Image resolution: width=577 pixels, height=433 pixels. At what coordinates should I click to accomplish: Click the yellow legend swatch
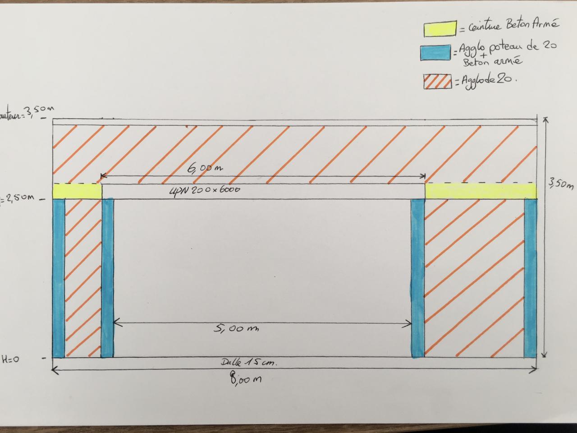coord(440,28)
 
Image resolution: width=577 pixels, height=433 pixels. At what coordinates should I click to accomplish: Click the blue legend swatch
coord(435,52)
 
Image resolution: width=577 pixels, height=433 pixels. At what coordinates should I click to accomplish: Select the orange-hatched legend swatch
coord(437,81)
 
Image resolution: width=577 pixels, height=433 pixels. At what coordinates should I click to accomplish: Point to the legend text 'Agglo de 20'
coord(487,81)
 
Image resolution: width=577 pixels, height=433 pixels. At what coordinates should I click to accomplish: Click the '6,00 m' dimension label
coord(205,169)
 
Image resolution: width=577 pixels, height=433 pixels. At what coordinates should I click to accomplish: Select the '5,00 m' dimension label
coord(236,328)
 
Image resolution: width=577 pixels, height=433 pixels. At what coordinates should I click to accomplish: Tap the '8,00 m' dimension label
coord(246,380)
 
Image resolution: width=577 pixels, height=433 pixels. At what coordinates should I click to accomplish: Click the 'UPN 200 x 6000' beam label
coord(205,190)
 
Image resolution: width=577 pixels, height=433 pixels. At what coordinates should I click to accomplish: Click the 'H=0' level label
coord(10,360)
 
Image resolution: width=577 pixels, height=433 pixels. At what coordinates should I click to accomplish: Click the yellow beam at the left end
coord(77,191)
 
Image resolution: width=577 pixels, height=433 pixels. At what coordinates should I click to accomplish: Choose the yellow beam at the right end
coord(481,191)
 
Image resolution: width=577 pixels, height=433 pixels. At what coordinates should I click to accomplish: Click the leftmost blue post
coord(59,278)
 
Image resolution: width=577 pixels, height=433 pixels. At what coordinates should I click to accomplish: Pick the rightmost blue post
coord(530,278)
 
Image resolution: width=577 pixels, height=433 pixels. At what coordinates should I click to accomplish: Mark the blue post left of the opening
coord(107,278)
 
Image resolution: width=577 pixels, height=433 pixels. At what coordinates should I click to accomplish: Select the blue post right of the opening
coord(417,278)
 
